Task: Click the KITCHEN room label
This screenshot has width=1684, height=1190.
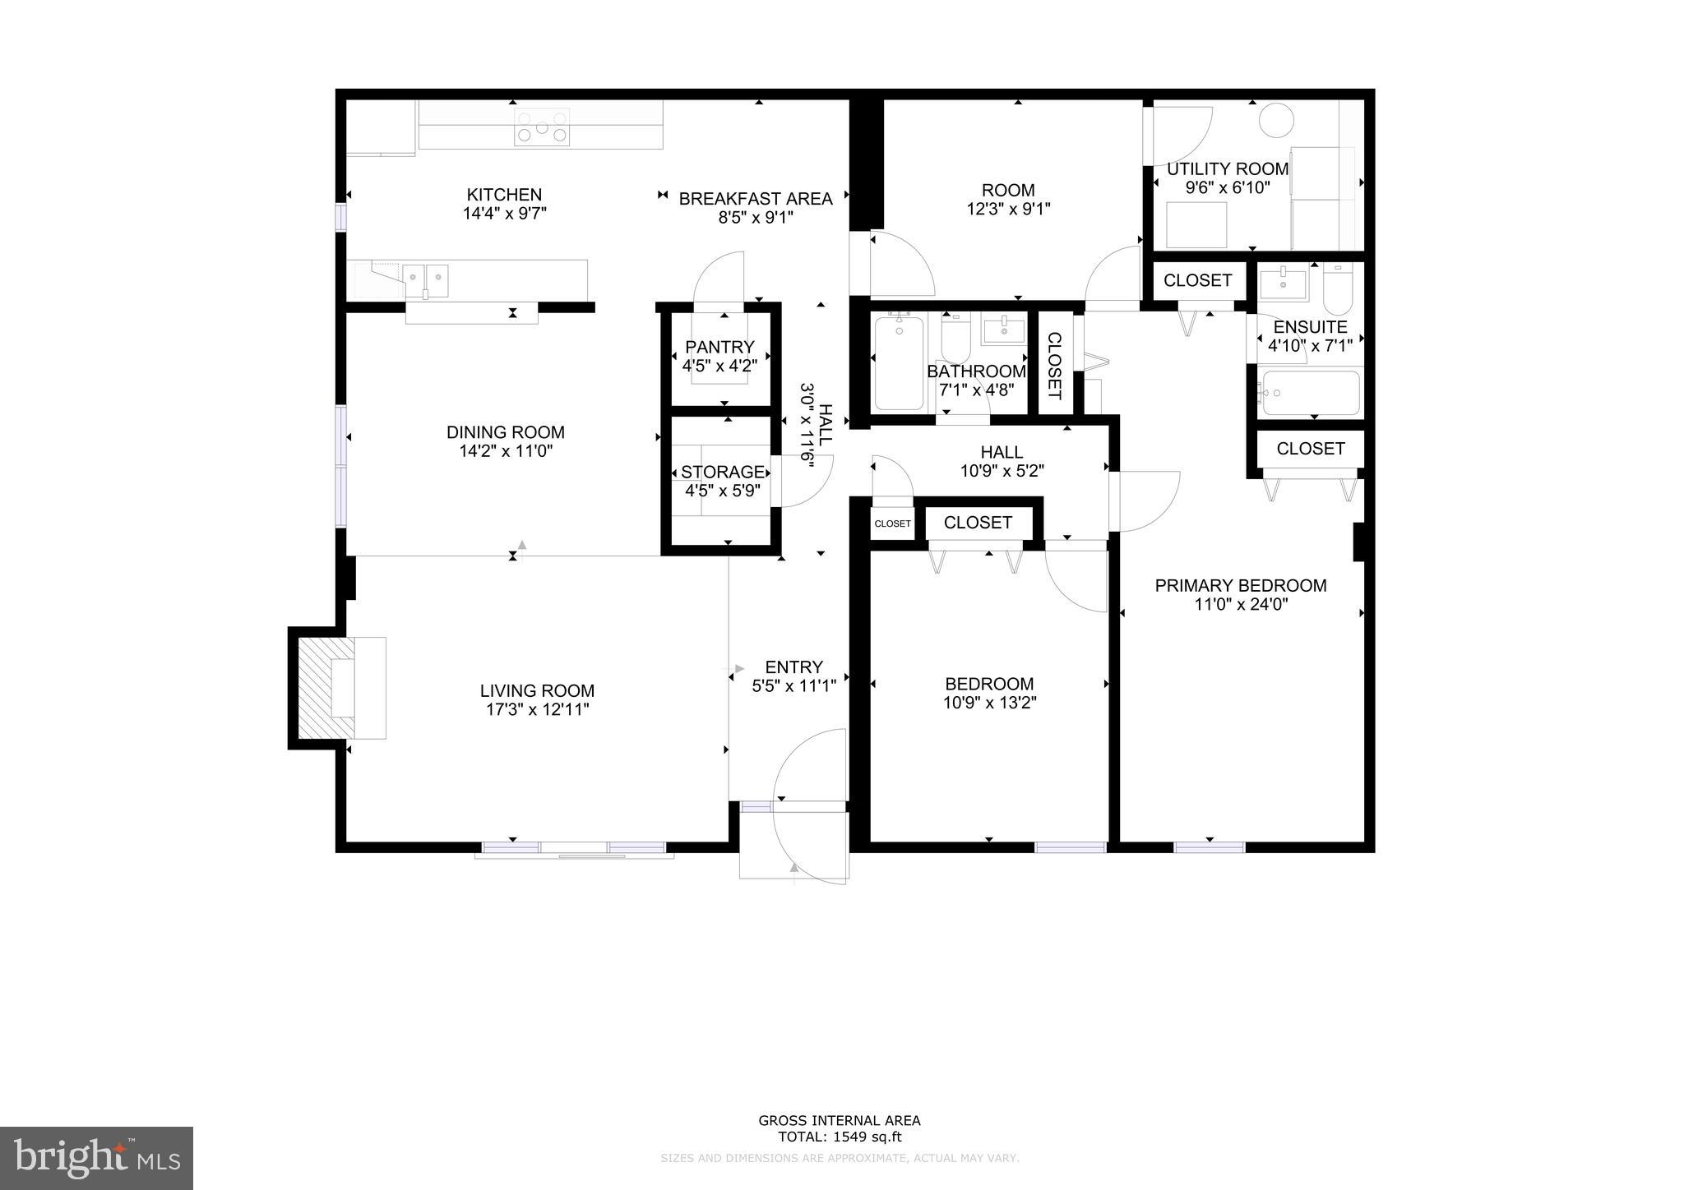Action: (504, 195)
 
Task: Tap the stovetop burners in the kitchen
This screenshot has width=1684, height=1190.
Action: (542, 127)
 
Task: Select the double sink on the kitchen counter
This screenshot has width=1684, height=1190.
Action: (425, 280)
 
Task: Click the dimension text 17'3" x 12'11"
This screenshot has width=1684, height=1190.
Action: (537, 709)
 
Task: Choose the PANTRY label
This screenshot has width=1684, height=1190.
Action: (719, 347)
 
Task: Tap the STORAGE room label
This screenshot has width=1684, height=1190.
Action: (723, 472)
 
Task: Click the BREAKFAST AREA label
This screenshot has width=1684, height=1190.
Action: (755, 199)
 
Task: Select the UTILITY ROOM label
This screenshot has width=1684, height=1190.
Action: (1228, 169)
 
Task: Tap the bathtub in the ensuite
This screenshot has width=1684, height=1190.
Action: (1311, 394)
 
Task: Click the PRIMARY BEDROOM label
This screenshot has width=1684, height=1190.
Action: (1240, 585)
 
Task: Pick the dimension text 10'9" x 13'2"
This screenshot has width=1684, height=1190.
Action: (989, 703)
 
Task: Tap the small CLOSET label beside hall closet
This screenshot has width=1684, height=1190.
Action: (892, 524)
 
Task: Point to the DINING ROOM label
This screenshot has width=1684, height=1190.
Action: (505, 432)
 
